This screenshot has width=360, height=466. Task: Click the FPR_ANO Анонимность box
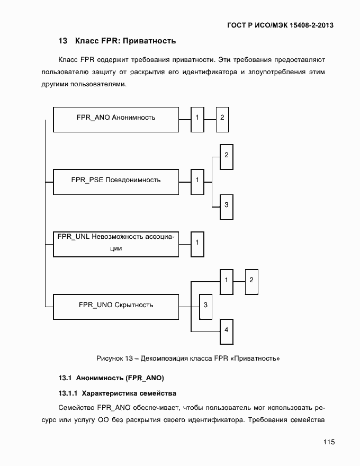[115, 119]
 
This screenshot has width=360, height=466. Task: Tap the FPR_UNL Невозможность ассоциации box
[115, 244]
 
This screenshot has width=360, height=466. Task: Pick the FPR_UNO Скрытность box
[115, 306]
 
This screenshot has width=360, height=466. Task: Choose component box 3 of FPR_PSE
[226, 205]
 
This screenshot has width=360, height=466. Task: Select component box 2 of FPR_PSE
[226, 156]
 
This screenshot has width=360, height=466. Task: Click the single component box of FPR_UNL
[197, 244]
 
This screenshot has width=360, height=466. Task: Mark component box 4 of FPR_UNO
[226, 330]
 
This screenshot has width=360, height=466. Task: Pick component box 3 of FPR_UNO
[205, 306]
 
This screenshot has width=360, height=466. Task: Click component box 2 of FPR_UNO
[251, 281]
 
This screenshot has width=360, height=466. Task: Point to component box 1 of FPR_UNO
[226, 281]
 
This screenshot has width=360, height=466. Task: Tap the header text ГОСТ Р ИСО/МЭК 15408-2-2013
[281, 24]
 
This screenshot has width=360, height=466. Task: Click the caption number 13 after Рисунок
[129, 359]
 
